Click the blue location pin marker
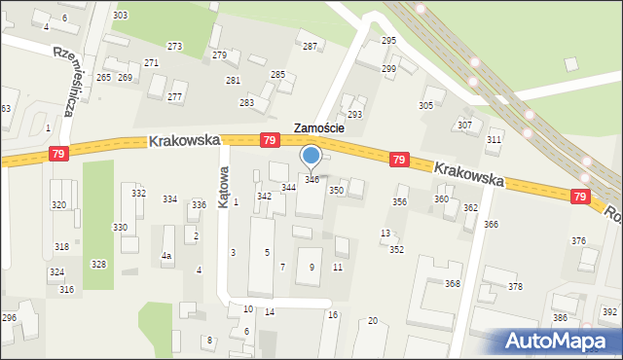click(311, 157)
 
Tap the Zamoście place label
click(326, 127)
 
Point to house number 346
click(311, 180)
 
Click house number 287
click(310, 47)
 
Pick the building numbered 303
click(120, 16)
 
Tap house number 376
click(579, 240)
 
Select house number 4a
click(166, 256)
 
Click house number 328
click(98, 265)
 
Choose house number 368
click(453, 284)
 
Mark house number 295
click(388, 40)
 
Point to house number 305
click(425, 105)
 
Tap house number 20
click(373, 321)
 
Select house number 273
click(175, 47)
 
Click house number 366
click(491, 225)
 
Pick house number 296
click(9, 318)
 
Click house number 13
click(385, 234)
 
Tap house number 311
click(495, 141)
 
